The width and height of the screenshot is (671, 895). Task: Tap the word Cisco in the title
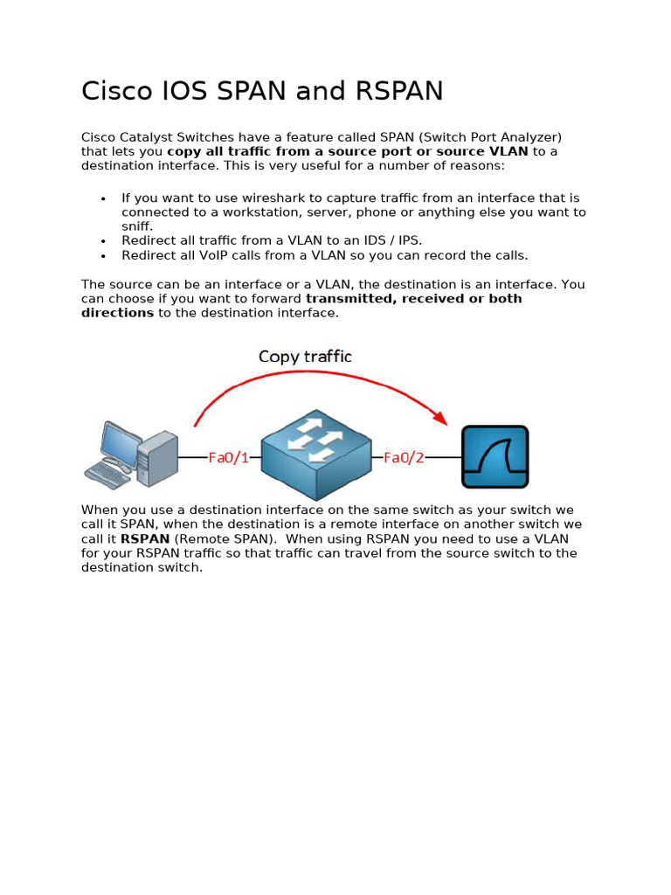click(114, 91)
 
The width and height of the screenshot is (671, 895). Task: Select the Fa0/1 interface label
click(228, 457)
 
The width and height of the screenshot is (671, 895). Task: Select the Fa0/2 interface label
click(404, 457)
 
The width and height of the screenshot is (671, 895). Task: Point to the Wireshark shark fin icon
click(495, 457)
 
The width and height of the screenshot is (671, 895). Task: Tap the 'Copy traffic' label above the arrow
click(305, 357)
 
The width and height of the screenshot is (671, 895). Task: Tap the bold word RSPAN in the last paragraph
click(144, 539)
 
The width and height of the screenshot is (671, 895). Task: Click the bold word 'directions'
click(117, 313)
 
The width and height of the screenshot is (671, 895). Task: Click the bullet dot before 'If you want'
click(103, 199)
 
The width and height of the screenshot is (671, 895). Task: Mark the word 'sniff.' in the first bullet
click(137, 226)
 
